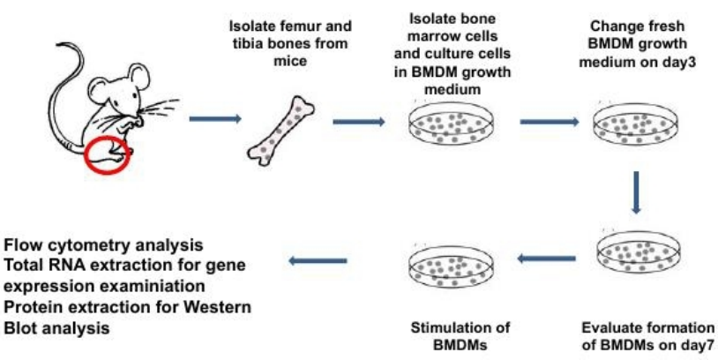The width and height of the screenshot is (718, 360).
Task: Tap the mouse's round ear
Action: pyautogui.click(x=138, y=76)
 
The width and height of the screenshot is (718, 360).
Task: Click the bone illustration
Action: pyautogui.click(x=281, y=131)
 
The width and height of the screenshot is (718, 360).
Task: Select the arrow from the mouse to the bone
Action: pyautogui.click(x=215, y=119)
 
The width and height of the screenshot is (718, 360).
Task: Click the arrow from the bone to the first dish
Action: pyautogui.click(x=358, y=122)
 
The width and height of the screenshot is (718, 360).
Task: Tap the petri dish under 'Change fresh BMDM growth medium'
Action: pyautogui.click(x=636, y=124)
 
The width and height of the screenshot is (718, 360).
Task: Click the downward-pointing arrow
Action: pyautogui.click(x=635, y=192)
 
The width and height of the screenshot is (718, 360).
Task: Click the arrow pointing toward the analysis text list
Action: pyautogui.click(x=318, y=261)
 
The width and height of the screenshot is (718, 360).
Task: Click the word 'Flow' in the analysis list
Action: pyautogui.click(x=20, y=245)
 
